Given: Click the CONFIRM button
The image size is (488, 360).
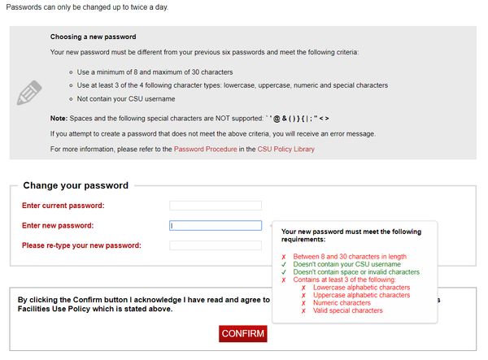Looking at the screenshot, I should click(x=243, y=334).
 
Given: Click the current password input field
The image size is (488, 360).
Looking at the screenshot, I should click(x=216, y=206).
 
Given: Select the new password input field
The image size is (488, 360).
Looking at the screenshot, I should click(x=216, y=226).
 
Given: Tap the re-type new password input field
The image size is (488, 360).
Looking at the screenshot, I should click(x=216, y=245).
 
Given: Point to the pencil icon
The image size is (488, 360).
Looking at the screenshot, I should click(x=28, y=93).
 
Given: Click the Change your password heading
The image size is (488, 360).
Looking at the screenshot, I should click(x=76, y=185).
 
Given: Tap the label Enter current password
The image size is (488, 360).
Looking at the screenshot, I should click(x=63, y=206).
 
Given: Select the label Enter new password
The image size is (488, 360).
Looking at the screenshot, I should click(x=58, y=226).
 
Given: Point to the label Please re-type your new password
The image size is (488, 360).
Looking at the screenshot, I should click(x=81, y=245).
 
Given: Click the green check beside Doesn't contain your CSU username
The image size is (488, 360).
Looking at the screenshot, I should click(x=283, y=264).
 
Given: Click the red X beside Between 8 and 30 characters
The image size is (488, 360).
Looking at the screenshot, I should click(x=283, y=256).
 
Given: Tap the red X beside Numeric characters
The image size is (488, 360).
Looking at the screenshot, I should click(x=303, y=302).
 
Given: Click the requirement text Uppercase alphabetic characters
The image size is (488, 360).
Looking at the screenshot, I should click(x=360, y=295).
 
